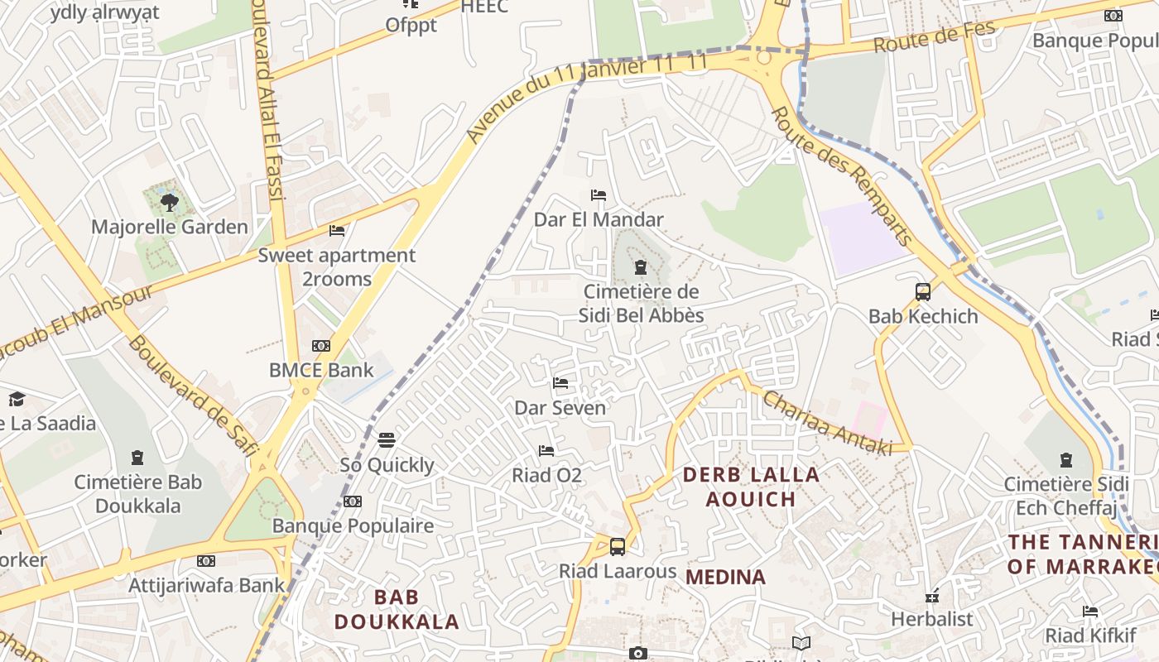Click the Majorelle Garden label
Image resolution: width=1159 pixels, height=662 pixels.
click(169, 227)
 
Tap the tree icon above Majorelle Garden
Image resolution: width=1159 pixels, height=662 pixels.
click(169, 202)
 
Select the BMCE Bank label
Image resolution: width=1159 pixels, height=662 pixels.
click(321, 370)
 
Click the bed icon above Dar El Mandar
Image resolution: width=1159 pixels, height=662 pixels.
click(599, 195)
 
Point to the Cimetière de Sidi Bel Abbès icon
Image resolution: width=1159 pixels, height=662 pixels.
click(640, 267)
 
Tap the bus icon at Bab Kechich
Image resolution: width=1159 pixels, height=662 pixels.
click(923, 291)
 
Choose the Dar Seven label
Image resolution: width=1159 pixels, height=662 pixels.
click(560, 407)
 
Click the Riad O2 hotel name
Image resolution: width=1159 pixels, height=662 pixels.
click(546, 475)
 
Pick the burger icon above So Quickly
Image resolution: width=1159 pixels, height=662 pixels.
click(387, 439)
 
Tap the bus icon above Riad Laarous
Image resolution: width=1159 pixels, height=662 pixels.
click(618, 546)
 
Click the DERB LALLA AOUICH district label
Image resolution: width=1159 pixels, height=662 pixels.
click(751, 487)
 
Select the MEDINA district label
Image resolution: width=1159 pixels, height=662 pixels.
click(726, 577)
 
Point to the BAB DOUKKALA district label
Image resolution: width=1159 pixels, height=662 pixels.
click(396, 609)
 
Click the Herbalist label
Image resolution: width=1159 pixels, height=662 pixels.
click(931, 618)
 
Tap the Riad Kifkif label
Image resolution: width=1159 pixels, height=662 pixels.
click(1090, 635)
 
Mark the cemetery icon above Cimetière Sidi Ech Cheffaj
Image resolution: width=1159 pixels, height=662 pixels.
click(1065, 459)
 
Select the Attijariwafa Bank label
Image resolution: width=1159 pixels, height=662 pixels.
click(206, 585)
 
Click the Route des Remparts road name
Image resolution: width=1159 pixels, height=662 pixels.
click(843, 177)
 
